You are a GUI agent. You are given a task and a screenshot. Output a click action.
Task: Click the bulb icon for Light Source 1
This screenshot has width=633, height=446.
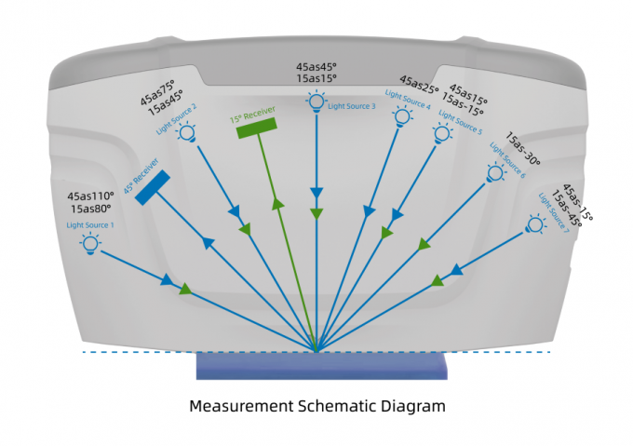90,244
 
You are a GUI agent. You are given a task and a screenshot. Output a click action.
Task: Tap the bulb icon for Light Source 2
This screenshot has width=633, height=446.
187,133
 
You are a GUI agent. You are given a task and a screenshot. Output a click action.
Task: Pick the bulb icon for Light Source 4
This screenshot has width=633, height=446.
402,115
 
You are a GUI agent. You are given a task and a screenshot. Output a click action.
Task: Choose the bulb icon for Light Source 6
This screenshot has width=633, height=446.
494,172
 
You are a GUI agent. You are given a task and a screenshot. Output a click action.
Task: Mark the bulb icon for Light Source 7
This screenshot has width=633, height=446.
535,223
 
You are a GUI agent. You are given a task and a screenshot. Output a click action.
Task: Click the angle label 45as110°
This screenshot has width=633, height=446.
90,196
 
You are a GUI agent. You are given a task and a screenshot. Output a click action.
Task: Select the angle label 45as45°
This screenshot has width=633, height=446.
316,67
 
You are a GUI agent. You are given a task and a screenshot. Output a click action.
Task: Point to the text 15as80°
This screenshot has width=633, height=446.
90,209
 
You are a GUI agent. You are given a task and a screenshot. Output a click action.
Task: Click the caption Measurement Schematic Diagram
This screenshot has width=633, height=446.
316,406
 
